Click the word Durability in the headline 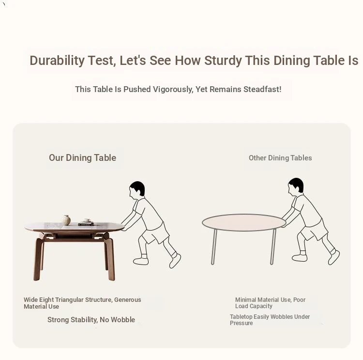(x=57, y=61)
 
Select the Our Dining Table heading (x=83, y=158)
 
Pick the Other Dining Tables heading (x=280, y=158)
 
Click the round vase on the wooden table (x=66, y=220)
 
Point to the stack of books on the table (x=86, y=223)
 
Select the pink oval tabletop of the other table (x=244, y=222)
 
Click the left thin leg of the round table (x=214, y=247)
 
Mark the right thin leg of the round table (x=273, y=247)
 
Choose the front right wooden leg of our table (x=110, y=260)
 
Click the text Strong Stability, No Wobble (x=91, y=320)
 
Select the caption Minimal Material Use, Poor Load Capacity (x=270, y=303)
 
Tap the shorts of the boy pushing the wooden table (x=155, y=234)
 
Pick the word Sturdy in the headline (x=223, y=61)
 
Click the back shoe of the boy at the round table (x=333, y=257)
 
